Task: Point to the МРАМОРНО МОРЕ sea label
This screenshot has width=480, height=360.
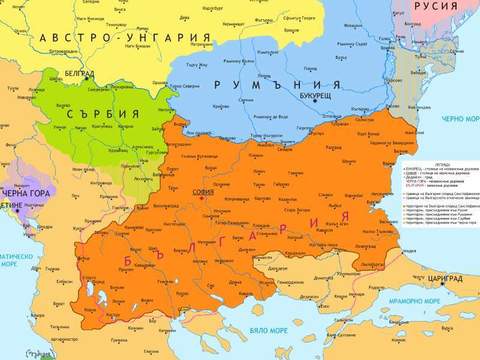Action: point(436,300)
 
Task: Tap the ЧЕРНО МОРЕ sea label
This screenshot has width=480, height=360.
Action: point(455,117)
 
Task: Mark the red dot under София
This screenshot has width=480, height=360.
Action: point(203,199)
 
